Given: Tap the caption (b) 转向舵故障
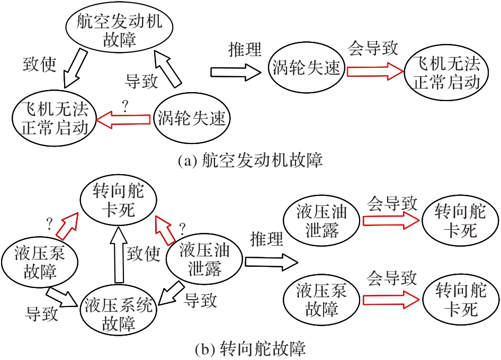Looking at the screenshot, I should (x=250, y=349).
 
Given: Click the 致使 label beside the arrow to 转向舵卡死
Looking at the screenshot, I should (x=144, y=254).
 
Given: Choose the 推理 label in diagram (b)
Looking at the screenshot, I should (x=267, y=237).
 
